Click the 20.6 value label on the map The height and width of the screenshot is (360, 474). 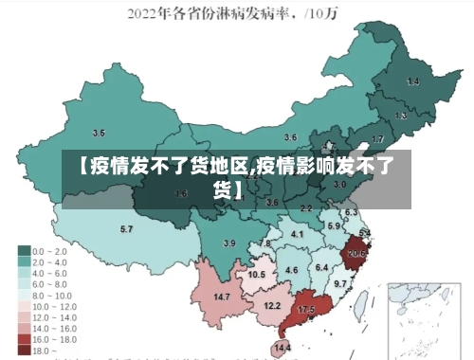pos(356,253)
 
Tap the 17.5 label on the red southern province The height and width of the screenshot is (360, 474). pos(306,310)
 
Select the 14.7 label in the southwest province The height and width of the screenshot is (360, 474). pos(222,297)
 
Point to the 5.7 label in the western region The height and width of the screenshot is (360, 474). pos(126,229)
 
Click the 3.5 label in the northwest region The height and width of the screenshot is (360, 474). pos(99,133)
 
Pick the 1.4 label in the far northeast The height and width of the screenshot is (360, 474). pos(412,82)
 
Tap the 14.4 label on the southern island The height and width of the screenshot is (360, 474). pos(283,348)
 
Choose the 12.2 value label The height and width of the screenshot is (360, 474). pos(272,305)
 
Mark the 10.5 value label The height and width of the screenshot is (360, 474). pos(256,275)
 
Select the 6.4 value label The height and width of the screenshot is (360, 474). pos(320,268)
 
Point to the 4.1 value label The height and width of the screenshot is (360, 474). pos(297,234)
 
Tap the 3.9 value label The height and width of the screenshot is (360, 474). pos(228,243)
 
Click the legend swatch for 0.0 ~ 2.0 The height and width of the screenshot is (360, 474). pos(24,250)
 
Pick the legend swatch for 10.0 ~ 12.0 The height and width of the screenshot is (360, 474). pos(24,306)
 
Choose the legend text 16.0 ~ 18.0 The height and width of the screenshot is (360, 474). pos(54,338)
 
